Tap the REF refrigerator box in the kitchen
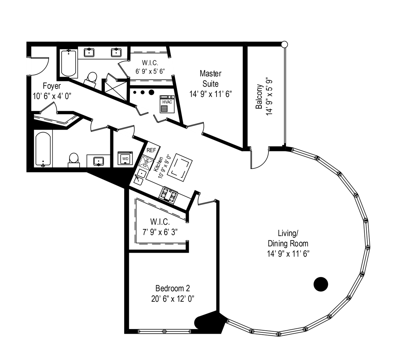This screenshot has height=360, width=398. coord(151,150)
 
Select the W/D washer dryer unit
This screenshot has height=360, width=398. coord(125,159)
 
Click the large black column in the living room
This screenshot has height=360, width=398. coord(321,284)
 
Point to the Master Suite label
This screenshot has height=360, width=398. coord(210,78)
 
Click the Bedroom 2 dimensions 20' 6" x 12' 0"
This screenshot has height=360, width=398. coord(173,299)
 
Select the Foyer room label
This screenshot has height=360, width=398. coord(52,86)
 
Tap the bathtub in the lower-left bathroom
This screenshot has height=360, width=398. coord(43,149)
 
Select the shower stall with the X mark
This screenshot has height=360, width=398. coord(114,87)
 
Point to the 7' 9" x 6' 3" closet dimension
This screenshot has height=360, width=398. coord(160,232)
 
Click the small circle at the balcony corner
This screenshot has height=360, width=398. coord(284,44)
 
